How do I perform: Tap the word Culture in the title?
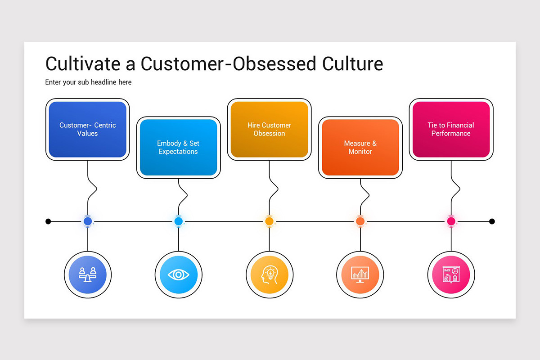(352, 63)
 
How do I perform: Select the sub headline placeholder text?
(88, 82)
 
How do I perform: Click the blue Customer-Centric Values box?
(88, 130)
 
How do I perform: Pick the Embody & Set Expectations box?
(178, 148)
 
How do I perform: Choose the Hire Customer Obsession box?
(269, 130)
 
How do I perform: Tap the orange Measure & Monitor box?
(360, 148)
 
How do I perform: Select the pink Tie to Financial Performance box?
(451, 130)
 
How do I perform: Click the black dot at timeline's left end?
(48, 221)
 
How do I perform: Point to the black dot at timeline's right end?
(492, 221)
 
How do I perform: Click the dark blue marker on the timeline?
(88, 221)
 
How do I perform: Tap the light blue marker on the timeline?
(178, 221)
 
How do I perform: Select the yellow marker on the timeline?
(269, 221)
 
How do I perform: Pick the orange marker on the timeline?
(360, 221)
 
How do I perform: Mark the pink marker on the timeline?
(451, 221)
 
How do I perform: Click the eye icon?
(178, 274)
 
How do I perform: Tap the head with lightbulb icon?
(269, 274)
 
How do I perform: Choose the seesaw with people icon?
(88, 274)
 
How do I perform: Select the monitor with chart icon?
(360, 274)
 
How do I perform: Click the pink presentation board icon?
(451, 274)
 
